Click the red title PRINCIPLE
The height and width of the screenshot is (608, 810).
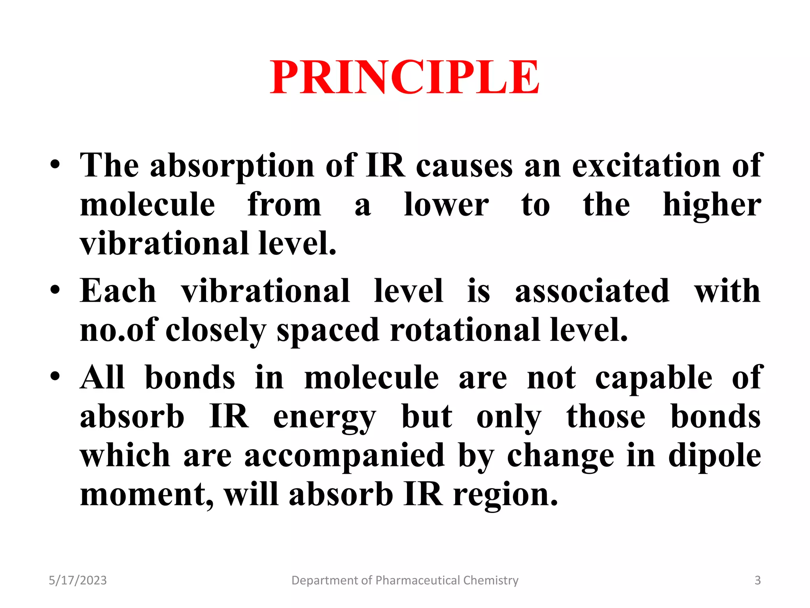pyautogui.click(x=405, y=77)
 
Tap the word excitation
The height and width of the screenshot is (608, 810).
pyautogui.click(x=646, y=165)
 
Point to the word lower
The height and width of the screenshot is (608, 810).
pyautogui.click(x=446, y=205)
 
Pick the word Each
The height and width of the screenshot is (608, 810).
pyautogui.click(x=118, y=291)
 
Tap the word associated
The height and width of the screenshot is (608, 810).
pyautogui.click(x=592, y=291)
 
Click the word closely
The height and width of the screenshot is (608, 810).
pyautogui.click(x=216, y=331)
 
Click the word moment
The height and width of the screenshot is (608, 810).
pyautogui.click(x=146, y=495)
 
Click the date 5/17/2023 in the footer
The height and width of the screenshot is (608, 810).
pyautogui.click(x=78, y=580)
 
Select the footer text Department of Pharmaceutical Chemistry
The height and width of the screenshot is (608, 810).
pyautogui.click(x=405, y=580)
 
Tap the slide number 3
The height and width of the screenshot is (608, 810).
pyautogui.click(x=757, y=580)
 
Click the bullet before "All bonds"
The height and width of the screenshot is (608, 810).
pyautogui.click(x=55, y=376)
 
